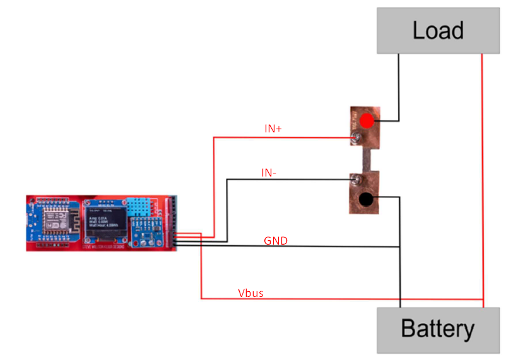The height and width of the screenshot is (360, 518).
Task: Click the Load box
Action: (x=438, y=30)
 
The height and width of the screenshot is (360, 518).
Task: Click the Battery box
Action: (x=438, y=330)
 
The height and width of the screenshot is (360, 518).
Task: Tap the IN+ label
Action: (x=273, y=129)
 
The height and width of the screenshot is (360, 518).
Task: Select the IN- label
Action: (x=269, y=172)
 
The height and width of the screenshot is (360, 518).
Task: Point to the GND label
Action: (x=276, y=240)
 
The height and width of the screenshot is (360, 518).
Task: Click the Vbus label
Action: (x=250, y=293)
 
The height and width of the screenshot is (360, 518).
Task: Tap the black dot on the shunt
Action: (x=365, y=200)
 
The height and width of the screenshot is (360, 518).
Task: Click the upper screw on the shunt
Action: (x=356, y=137)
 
